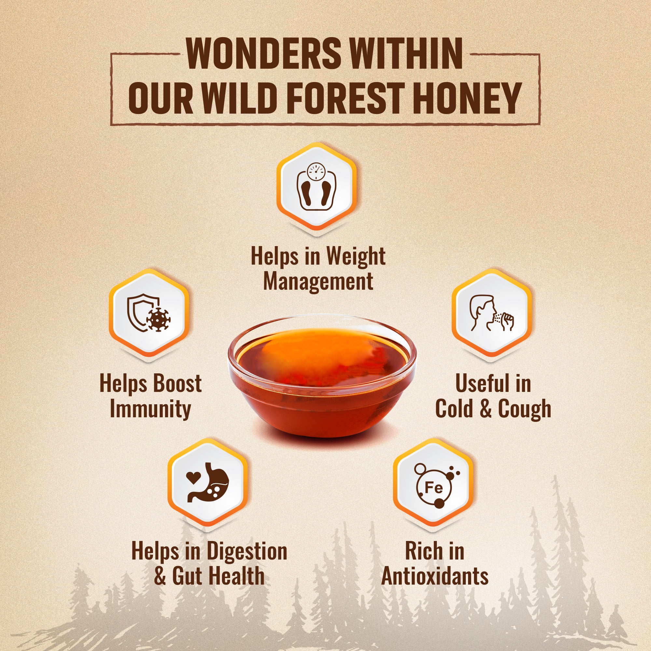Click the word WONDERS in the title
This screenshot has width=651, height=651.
(264, 54)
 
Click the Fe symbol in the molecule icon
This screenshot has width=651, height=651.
(434, 487)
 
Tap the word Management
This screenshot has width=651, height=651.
(318, 282)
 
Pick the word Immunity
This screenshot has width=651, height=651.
(150, 409)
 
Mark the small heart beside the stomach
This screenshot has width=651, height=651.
(193, 477)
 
